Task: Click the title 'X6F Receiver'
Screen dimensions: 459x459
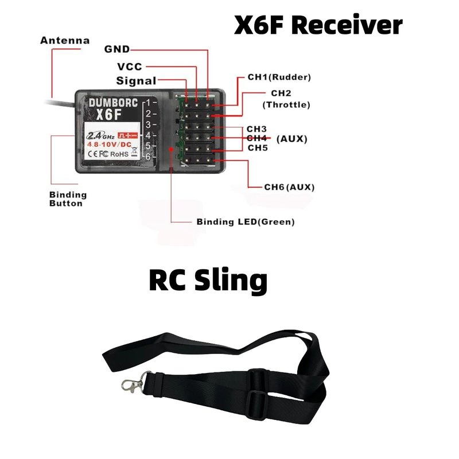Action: point(318,26)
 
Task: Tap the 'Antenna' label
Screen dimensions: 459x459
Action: point(65,41)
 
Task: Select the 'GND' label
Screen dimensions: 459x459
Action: point(117,49)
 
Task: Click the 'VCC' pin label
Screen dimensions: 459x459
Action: point(129,67)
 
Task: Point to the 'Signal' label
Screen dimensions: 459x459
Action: point(136,81)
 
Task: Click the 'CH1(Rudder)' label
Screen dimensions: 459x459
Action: point(279,77)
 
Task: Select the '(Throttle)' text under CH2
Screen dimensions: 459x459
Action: point(286,105)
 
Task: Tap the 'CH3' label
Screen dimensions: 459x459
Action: point(256,129)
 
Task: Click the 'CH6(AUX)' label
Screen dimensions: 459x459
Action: point(289,187)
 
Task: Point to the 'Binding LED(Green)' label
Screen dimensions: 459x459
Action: point(245,222)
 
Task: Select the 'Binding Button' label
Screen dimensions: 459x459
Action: point(68,199)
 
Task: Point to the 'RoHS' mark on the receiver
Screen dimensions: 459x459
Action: point(119,153)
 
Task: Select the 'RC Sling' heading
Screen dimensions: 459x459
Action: point(208,281)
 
